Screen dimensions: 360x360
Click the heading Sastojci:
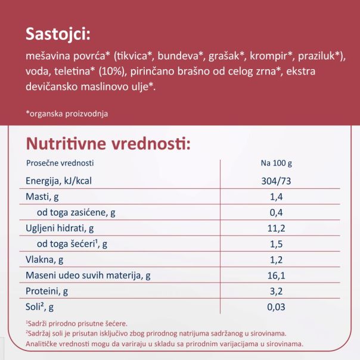point(57,34)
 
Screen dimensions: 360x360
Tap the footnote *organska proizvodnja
point(67,113)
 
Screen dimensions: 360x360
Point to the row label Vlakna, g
point(46,260)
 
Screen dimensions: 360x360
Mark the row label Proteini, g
point(47,291)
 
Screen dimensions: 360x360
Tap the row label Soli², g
point(40,307)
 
